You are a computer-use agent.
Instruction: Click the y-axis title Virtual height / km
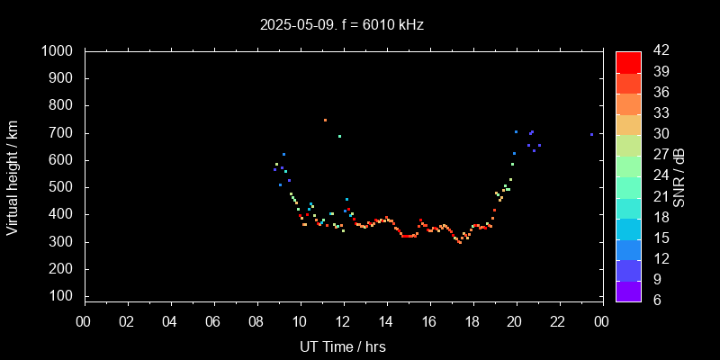[13, 176]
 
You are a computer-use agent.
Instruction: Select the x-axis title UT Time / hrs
[343, 346]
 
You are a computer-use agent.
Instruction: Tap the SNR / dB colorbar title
[679, 176]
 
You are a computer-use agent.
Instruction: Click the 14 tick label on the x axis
[386, 320]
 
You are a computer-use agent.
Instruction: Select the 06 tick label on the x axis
[213, 320]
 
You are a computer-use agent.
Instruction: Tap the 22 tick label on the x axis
[558, 320]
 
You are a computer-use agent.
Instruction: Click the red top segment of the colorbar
[628, 61]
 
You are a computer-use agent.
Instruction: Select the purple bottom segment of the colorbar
[628, 290]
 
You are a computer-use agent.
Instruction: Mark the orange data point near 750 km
[325, 120]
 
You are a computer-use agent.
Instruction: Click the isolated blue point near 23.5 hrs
[591, 134]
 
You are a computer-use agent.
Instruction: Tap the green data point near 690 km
[339, 136]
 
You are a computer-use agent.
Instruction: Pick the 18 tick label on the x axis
[472, 320]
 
